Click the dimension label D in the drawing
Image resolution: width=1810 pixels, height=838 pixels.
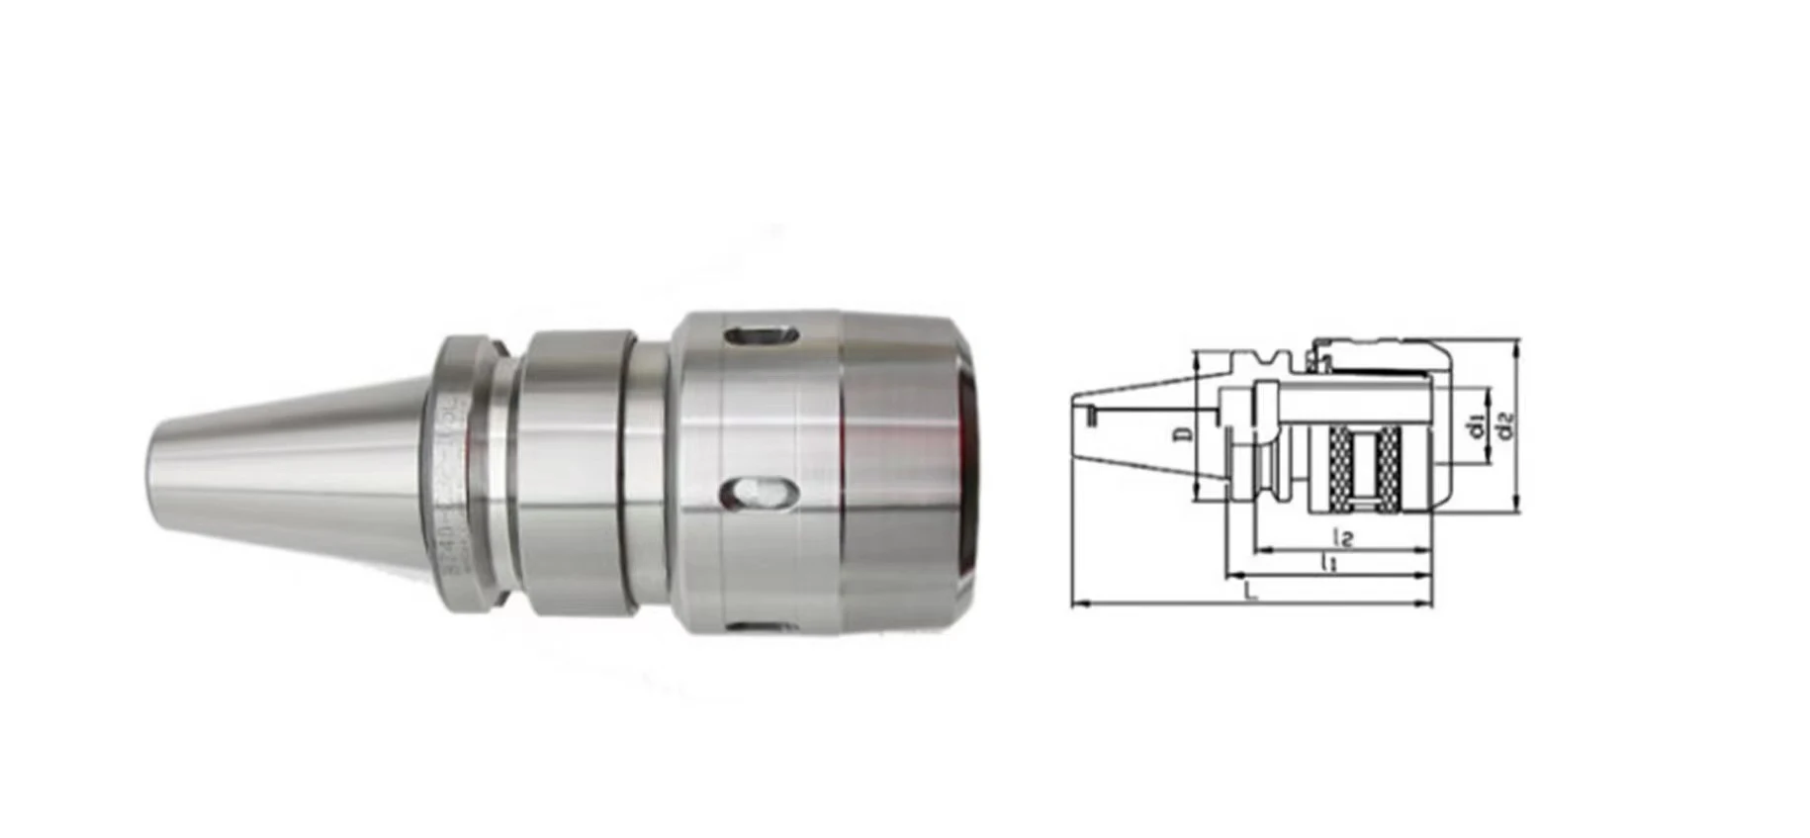[1189, 432]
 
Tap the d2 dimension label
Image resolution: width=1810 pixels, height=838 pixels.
[1506, 426]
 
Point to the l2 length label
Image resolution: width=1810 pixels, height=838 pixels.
[1343, 538]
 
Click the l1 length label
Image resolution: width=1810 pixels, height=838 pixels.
[1330, 564]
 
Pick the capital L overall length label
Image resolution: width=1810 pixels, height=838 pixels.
[1251, 593]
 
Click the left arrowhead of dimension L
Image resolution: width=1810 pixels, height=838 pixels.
[1077, 603]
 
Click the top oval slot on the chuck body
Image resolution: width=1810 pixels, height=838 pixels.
[761, 335]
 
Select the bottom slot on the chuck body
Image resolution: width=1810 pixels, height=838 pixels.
[762, 625]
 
